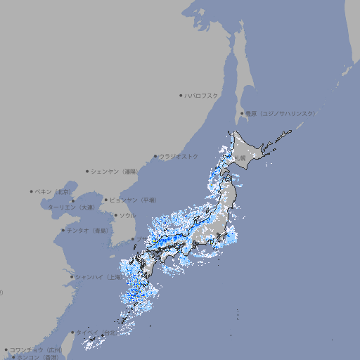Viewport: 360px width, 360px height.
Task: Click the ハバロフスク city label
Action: (202, 95)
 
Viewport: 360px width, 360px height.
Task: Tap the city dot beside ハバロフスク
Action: (181, 95)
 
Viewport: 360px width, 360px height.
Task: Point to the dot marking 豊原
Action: (242, 113)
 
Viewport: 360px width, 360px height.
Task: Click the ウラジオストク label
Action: (179, 156)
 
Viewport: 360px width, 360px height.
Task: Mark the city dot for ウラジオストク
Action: (155, 157)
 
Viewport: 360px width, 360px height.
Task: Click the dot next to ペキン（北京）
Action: (32, 191)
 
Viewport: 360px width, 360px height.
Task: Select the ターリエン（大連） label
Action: (71, 207)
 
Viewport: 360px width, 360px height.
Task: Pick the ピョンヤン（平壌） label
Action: (134, 200)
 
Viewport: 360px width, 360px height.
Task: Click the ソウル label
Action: (127, 215)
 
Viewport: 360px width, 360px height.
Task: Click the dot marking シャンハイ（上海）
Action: (72, 277)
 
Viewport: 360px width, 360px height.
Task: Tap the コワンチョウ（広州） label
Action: (36, 349)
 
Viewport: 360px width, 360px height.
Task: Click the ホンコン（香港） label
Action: (37, 357)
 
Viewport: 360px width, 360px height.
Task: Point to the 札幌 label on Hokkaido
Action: (241, 158)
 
